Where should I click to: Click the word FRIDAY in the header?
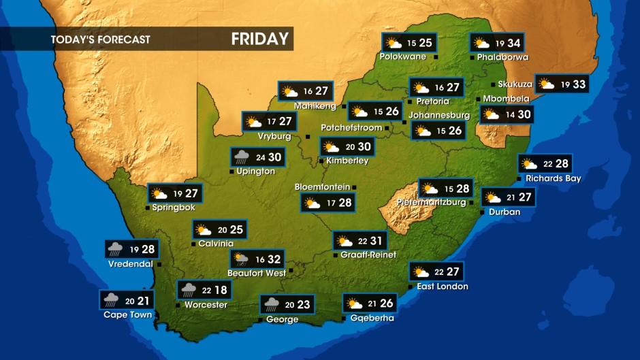pyautogui.click(x=259, y=39)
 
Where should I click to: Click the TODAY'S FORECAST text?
pyautogui.click(x=100, y=39)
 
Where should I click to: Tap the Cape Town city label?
pyautogui.click(x=127, y=314)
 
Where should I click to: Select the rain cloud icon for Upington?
pyautogui.click(x=242, y=157)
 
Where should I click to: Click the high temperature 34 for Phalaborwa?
pyautogui.click(x=513, y=44)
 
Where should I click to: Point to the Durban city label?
pyautogui.click(x=505, y=212)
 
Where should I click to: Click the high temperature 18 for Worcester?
pyautogui.click(x=221, y=291)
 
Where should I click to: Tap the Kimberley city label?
pyautogui.click(x=347, y=161)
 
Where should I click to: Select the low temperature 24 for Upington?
pyautogui.click(x=260, y=158)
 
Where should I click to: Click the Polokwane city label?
pyautogui.click(x=402, y=57)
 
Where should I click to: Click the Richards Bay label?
pyautogui.click(x=553, y=179)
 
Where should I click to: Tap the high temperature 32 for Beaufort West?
pyautogui.click(x=274, y=259)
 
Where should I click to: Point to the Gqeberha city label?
pyautogui.click(x=372, y=318)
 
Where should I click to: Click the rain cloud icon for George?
pyautogui.click(x=272, y=304)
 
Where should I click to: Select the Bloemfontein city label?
pyautogui.click(x=322, y=187)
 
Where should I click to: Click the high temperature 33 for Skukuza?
pyautogui.click(x=579, y=84)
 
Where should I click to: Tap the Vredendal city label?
pyautogui.click(x=130, y=264)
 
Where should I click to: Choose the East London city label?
pyautogui.click(x=443, y=287)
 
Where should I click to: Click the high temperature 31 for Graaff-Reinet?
pyautogui.click(x=377, y=241)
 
